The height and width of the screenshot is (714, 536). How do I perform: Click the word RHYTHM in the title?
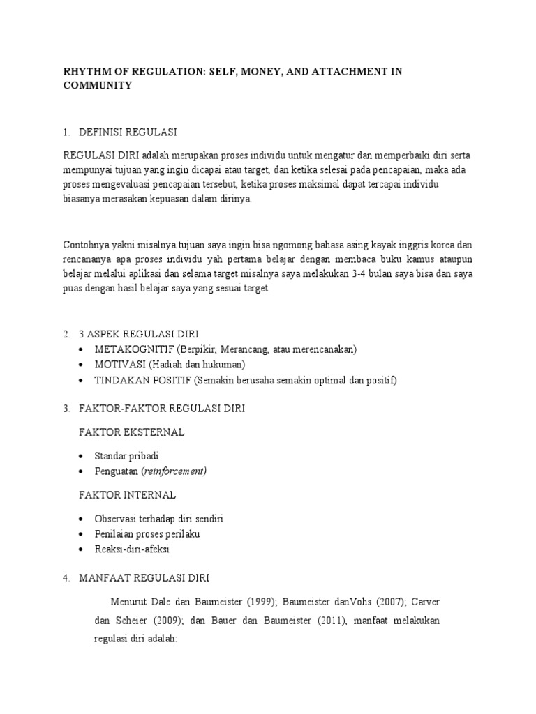84,72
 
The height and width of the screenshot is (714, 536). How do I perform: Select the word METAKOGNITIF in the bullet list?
135,349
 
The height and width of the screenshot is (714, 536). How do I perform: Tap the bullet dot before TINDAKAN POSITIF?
84,380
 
